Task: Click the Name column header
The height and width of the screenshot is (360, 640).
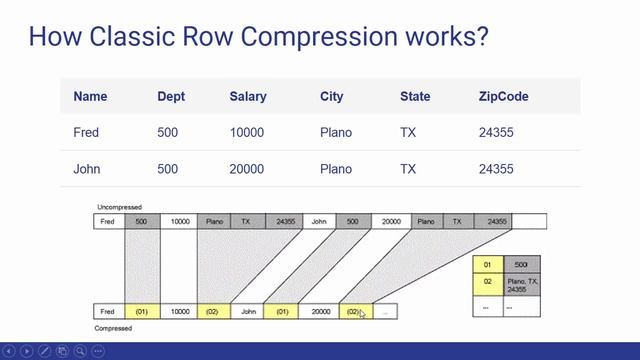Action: coord(90,97)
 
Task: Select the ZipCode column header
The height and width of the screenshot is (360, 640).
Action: coord(503,97)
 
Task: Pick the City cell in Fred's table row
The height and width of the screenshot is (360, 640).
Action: coord(337,132)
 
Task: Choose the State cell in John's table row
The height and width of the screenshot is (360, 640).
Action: coord(408,169)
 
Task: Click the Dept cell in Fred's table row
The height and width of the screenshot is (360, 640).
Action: coord(170,132)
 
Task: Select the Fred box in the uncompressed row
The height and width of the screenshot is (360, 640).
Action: coord(109,222)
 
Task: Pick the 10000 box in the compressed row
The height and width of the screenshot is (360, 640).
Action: coord(179,312)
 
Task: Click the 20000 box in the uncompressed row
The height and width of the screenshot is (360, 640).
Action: coord(388,222)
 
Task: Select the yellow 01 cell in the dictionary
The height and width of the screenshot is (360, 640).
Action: coord(488,264)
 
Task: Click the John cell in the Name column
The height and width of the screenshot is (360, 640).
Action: coord(87,169)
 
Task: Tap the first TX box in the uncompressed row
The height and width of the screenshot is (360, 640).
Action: coord(246,222)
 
